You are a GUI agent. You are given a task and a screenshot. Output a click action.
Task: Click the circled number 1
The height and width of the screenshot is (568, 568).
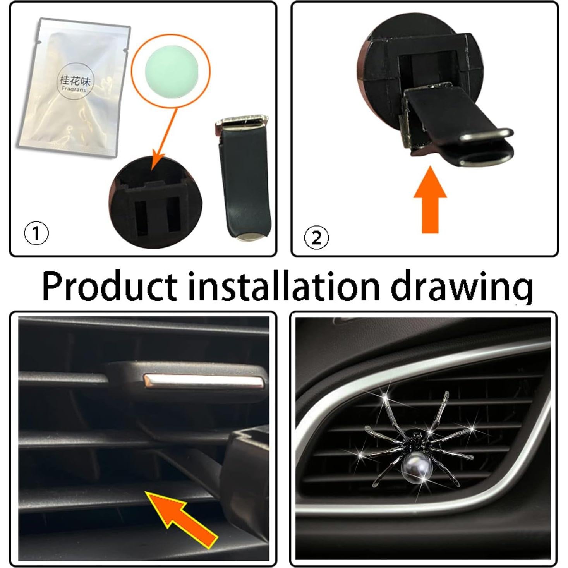(x=36, y=233)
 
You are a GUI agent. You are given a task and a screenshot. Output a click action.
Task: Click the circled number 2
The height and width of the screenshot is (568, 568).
(x=316, y=238)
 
